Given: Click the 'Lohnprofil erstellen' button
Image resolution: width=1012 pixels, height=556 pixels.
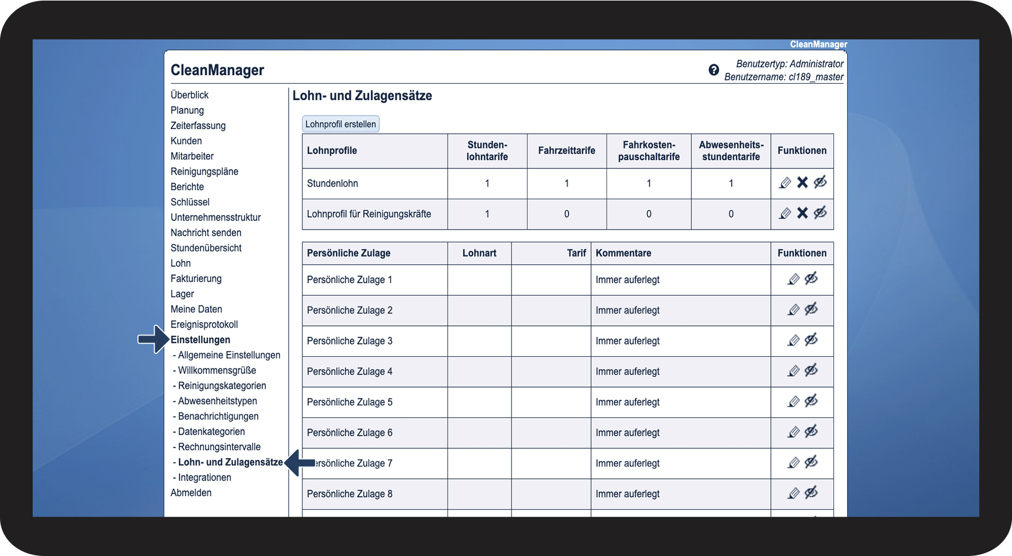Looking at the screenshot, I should click(340, 124).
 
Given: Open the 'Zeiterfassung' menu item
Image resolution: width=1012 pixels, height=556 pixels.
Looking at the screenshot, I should click(198, 125).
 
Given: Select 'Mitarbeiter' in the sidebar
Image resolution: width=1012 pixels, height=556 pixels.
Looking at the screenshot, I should click(192, 156).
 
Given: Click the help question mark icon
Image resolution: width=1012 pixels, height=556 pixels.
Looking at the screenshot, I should click(714, 70).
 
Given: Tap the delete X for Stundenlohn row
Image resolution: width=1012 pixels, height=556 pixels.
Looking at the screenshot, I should click(802, 183).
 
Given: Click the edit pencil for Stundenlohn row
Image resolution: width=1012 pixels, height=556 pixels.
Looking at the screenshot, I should click(785, 183).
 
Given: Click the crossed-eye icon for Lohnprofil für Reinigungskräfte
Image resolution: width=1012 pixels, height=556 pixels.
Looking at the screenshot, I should click(820, 214).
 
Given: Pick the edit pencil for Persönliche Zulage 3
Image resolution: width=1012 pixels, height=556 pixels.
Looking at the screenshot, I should click(793, 341).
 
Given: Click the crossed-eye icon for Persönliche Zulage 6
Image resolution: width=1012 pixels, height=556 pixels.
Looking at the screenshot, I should click(811, 432).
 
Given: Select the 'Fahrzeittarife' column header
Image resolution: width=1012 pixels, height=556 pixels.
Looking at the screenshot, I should click(566, 151).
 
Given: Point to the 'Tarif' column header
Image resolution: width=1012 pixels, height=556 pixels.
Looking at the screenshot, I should click(576, 253).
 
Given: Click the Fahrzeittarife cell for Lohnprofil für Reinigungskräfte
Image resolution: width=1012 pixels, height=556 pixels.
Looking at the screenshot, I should click(566, 214).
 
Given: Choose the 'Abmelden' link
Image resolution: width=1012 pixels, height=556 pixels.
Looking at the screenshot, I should click(191, 493).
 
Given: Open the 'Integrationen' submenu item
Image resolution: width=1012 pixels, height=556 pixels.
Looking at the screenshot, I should click(204, 478).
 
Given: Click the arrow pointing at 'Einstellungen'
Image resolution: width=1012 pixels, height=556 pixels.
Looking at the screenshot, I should click(153, 340).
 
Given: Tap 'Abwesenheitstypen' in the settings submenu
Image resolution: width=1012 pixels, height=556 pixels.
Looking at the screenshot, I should click(217, 401).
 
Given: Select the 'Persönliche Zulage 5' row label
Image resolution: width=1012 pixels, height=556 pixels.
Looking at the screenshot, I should click(349, 402).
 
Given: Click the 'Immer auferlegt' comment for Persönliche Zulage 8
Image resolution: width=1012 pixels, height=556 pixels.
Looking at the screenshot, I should click(627, 494).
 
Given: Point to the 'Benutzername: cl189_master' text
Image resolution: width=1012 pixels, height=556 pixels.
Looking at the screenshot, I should click(783, 77).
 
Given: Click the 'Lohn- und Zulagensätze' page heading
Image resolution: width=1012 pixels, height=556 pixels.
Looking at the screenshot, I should click(362, 96).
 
